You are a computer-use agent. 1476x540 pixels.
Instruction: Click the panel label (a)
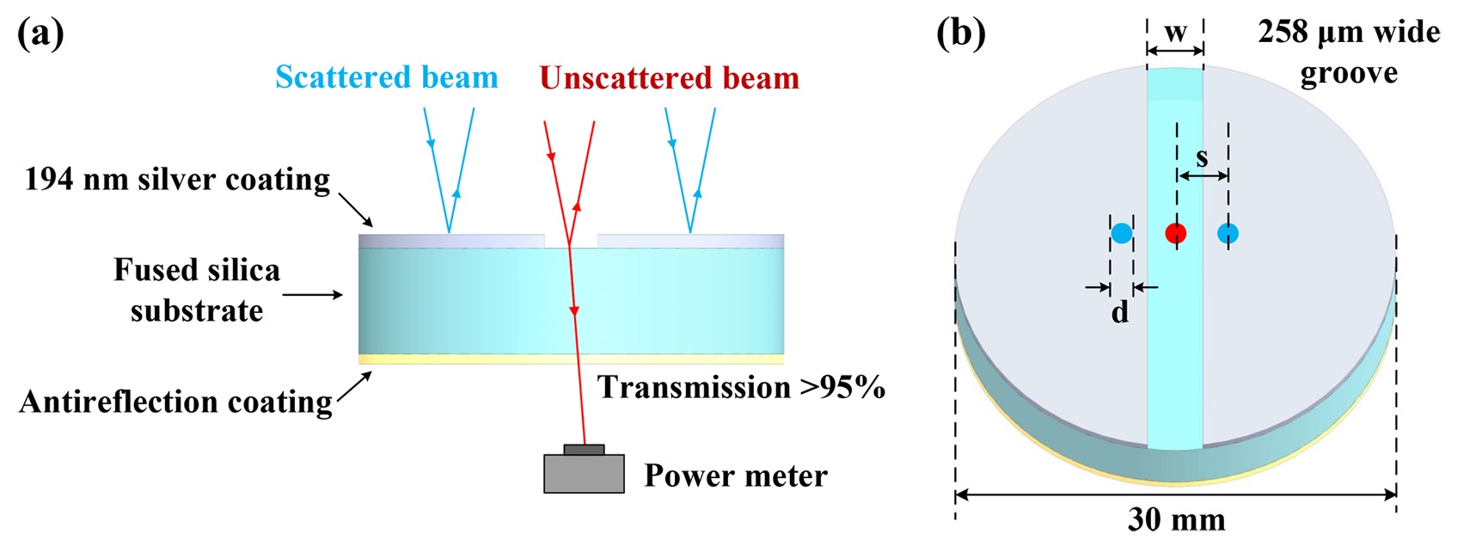point(40,34)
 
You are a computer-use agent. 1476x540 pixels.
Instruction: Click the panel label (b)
point(960,34)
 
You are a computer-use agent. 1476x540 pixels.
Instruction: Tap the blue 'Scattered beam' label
point(386,77)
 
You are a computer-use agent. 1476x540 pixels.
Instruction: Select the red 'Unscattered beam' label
point(669,78)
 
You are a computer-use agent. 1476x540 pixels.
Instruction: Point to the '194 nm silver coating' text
point(177,180)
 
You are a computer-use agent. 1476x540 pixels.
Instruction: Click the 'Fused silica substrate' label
point(197,290)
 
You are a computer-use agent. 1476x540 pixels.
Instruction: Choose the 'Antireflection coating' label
point(175,402)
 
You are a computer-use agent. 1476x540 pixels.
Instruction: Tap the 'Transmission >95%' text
point(741,388)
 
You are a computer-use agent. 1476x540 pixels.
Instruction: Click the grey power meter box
point(584,472)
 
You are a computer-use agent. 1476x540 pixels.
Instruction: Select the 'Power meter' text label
point(735,476)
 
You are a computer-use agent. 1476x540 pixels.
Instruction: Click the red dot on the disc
point(1175,233)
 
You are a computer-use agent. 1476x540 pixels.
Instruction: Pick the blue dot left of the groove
point(1121,233)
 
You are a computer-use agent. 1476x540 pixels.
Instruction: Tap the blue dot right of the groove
point(1228,233)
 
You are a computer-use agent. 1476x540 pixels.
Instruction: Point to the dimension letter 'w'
point(1175,33)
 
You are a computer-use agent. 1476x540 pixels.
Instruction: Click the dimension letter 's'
point(1202,156)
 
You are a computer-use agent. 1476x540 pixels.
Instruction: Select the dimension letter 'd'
point(1119,312)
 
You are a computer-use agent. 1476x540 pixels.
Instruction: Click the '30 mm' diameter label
point(1176,519)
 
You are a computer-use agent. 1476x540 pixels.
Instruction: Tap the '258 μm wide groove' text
point(1348,52)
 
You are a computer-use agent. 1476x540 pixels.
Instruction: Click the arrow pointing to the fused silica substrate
point(313,295)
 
